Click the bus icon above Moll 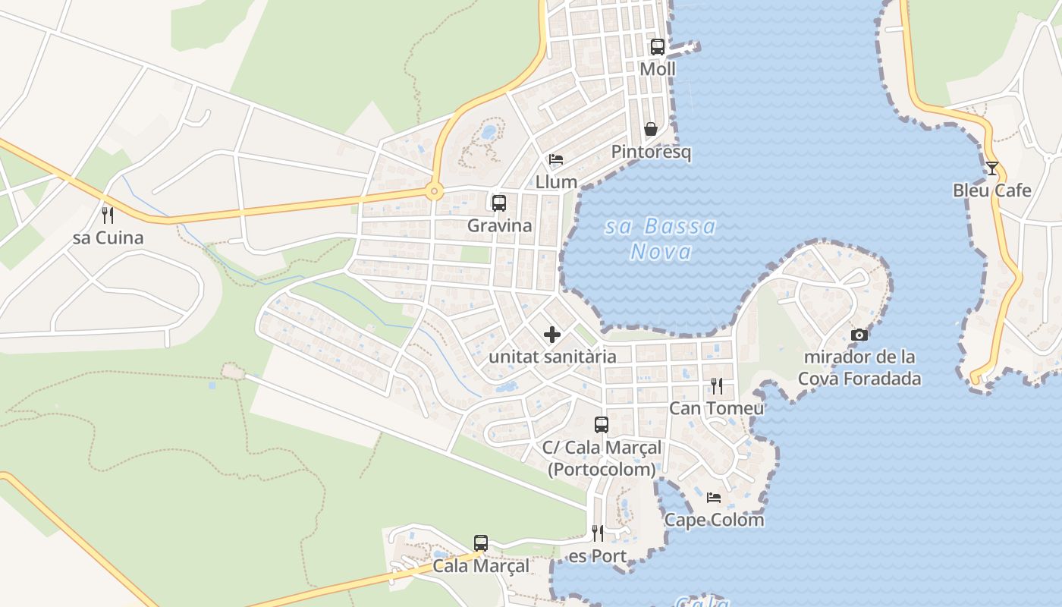(658, 46)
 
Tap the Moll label (658, 69)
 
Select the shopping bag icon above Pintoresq (650, 129)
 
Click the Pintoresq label (652, 152)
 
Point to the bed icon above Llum (556, 159)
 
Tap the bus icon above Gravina (499, 203)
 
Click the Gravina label (499, 225)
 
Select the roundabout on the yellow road (434, 191)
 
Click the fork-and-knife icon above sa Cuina (108, 215)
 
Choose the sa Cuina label (108, 237)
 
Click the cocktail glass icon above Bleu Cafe (991, 168)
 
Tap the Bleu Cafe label (991, 190)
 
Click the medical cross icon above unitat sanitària (552, 334)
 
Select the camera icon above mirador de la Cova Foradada (859, 335)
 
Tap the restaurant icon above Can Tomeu (716, 386)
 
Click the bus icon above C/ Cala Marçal (602, 425)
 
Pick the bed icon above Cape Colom (714, 498)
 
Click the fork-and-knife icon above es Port (597, 533)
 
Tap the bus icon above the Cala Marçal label (481, 543)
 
